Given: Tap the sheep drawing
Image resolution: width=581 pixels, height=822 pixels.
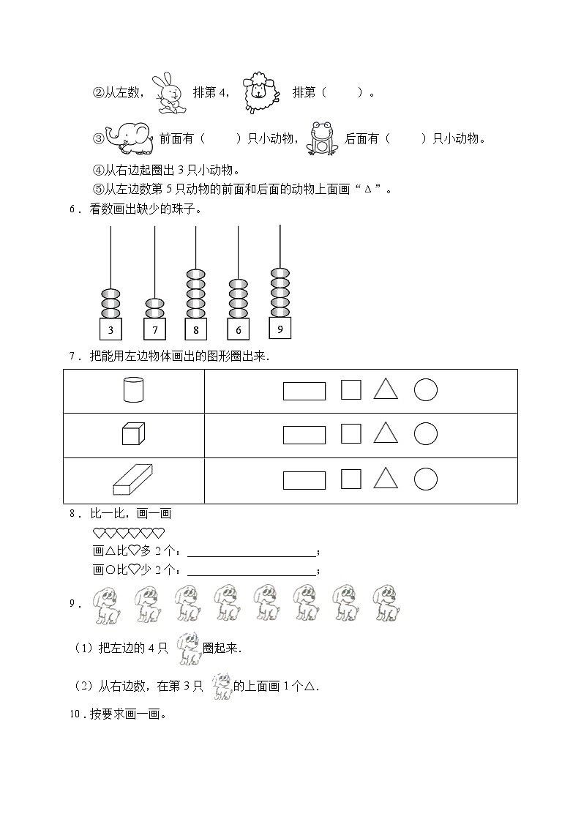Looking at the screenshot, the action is click(260, 92).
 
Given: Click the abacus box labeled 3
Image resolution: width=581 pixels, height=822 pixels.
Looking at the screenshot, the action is click(110, 329).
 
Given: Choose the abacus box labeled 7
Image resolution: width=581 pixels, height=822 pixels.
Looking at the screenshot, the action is click(154, 329).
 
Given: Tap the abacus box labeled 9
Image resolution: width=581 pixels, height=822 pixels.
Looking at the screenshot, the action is click(280, 329).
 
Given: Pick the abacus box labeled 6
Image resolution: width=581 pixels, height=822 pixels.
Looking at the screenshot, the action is click(239, 329).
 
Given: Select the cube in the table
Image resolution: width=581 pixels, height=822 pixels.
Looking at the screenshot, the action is click(132, 434).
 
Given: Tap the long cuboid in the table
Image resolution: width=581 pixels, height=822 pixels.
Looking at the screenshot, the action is click(132, 479).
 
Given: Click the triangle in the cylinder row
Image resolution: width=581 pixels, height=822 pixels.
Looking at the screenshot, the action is click(386, 389).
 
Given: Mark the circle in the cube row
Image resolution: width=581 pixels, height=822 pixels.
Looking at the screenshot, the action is click(426, 434).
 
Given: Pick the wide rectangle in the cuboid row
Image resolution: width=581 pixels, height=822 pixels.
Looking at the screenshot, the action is click(304, 479).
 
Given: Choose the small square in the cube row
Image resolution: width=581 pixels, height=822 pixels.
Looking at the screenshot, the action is click(351, 434).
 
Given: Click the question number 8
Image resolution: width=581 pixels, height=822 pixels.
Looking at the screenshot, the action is click(73, 514).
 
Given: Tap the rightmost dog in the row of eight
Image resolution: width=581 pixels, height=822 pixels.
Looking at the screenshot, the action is click(385, 603).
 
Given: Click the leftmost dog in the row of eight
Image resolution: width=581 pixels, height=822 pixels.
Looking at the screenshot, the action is click(108, 605).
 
